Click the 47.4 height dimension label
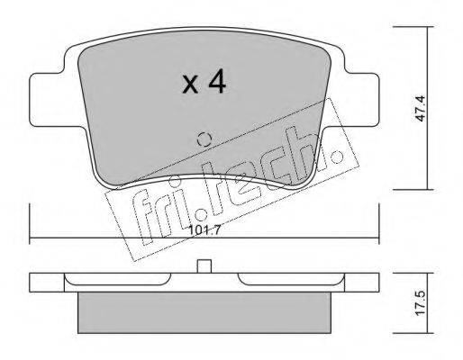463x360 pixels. (421, 108)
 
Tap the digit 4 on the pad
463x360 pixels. (217, 81)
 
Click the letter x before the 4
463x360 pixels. (190, 85)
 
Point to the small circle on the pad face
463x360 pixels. (204, 139)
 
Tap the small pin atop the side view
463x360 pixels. (204, 266)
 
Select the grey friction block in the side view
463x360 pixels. (204, 312)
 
